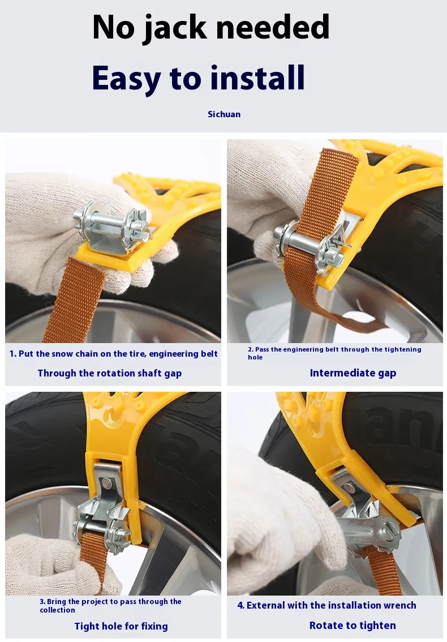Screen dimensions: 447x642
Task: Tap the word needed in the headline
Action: tap(273, 27)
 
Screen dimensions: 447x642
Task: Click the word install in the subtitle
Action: tap(257, 77)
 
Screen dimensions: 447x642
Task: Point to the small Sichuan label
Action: tap(224, 114)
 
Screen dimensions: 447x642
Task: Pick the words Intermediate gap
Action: tap(353, 373)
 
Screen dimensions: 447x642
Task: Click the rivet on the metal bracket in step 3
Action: tap(107, 483)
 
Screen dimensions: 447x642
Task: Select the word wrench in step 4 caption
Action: tap(397, 605)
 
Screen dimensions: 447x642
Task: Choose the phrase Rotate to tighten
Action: tap(353, 626)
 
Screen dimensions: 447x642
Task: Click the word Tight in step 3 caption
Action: tap(87, 627)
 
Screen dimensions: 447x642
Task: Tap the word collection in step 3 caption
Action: tap(57, 610)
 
